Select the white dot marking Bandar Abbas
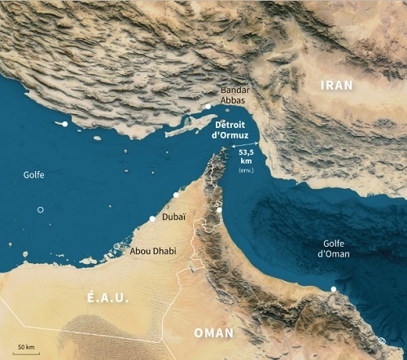tap(208, 107)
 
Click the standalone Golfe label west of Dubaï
tap(34, 174)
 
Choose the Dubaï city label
tap(173, 217)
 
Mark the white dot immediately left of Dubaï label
tap(152, 218)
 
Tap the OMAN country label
tap(213, 333)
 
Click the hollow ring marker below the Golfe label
tap(40, 210)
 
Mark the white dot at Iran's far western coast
tap(64, 123)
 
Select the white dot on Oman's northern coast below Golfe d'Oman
tap(333, 289)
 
